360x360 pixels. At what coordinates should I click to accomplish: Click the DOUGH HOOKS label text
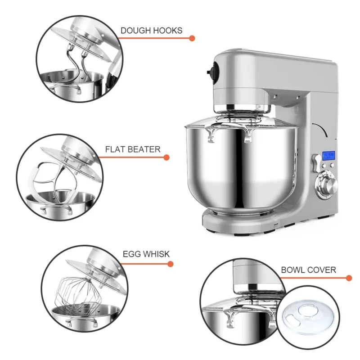click(151, 31)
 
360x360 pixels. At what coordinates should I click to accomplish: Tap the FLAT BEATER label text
click(132, 149)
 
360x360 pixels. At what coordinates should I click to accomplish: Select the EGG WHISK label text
click(146, 254)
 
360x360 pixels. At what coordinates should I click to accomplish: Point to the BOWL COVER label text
click(308, 270)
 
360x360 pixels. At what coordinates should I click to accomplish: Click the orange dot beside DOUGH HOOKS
click(192, 38)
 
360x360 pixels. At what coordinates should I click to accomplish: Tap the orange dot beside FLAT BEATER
click(166, 157)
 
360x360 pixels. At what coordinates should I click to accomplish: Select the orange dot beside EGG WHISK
click(171, 264)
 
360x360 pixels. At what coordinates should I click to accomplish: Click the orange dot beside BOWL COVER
click(349, 278)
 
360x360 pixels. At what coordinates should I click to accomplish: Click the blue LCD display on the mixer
click(328, 156)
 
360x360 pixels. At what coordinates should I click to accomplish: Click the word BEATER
click(144, 149)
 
